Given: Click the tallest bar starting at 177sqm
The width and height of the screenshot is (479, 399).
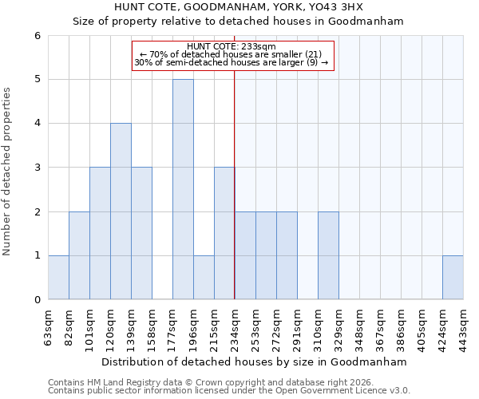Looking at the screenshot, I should pos(183,189).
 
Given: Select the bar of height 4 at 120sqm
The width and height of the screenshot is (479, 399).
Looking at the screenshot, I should pos(121,211).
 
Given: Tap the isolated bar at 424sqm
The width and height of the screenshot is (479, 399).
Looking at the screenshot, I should pos(453,278).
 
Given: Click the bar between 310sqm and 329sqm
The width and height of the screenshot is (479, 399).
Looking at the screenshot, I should pos(328,255).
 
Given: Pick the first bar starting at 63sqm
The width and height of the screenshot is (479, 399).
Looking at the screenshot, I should pos(58,278).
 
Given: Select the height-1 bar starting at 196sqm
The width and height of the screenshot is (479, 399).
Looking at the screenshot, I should pos(204,278).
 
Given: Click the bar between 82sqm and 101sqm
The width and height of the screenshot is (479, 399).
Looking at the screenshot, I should pos(79,255).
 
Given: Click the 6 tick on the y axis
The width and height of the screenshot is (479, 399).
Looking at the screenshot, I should pos(37,35).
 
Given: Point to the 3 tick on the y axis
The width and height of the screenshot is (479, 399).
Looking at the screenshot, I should pos(37,168).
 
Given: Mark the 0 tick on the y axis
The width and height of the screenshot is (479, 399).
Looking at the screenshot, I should pos(37,300).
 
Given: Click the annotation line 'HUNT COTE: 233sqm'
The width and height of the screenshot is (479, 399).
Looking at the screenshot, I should pos(232,46).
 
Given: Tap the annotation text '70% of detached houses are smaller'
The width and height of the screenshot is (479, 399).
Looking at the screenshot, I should pos(232,54).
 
